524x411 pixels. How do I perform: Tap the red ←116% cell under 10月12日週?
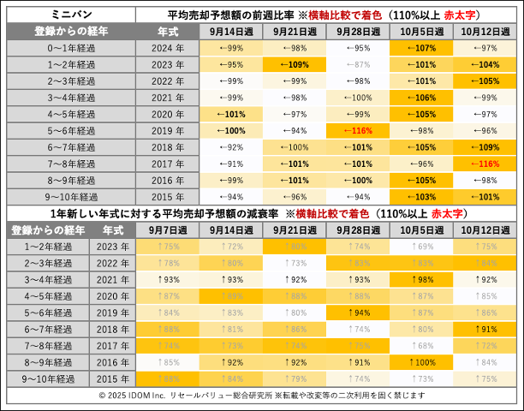click(x=487, y=163)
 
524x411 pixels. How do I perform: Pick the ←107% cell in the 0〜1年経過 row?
click(x=422, y=48)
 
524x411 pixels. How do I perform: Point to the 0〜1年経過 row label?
click(x=70, y=48)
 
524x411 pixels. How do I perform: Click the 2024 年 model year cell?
click(x=167, y=48)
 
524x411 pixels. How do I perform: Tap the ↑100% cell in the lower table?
click(x=422, y=361)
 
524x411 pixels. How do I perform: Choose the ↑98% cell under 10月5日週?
click(x=422, y=279)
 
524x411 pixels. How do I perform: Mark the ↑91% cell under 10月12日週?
click(x=487, y=328)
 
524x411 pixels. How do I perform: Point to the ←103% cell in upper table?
click(x=422, y=196)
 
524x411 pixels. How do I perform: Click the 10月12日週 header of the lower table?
click(x=487, y=230)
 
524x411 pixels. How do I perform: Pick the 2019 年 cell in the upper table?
click(x=167, y=130)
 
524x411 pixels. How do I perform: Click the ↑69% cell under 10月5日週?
click(x=422, y=246)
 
